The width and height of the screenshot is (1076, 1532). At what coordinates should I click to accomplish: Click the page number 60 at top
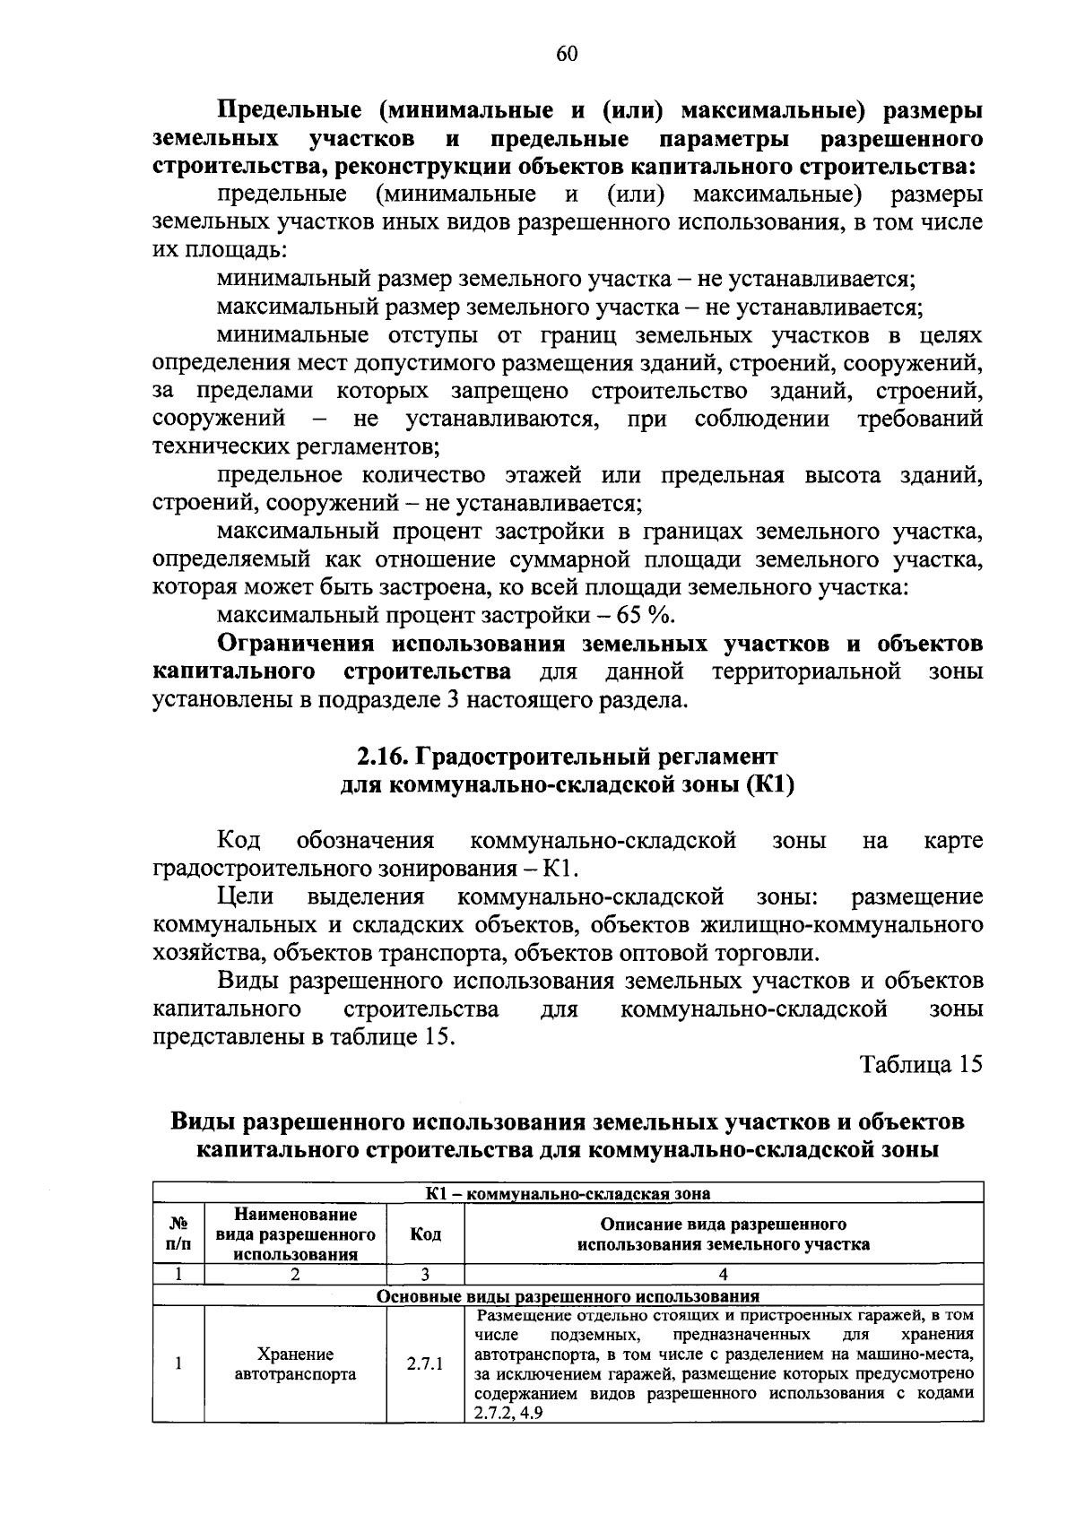coord(567,54)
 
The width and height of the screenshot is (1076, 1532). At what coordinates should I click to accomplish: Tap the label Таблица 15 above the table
coord(922,1064)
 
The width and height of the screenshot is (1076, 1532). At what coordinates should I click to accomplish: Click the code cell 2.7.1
coord(425,1364)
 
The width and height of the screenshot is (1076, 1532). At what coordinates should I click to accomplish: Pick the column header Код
coord(425,1234)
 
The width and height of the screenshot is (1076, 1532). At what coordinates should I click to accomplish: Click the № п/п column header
coord(178,1234)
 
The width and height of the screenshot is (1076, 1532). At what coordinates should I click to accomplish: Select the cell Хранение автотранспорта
coord(295,1364)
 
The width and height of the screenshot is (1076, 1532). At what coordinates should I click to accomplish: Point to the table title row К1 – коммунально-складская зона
coord(568,1193)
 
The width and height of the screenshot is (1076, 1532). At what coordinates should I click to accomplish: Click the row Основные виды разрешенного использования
coord(568,1296)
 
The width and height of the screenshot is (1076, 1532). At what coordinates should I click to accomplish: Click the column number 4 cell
coord(723,1274)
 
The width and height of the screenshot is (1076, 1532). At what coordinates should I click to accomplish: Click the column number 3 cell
coord(425,1274)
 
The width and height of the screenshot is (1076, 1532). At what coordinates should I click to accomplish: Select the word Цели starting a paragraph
coord(245,896)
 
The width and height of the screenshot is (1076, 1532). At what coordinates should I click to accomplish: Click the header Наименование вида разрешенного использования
coord(295,1234)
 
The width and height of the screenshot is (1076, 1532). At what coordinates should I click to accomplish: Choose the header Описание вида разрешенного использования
coord(723,1234)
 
